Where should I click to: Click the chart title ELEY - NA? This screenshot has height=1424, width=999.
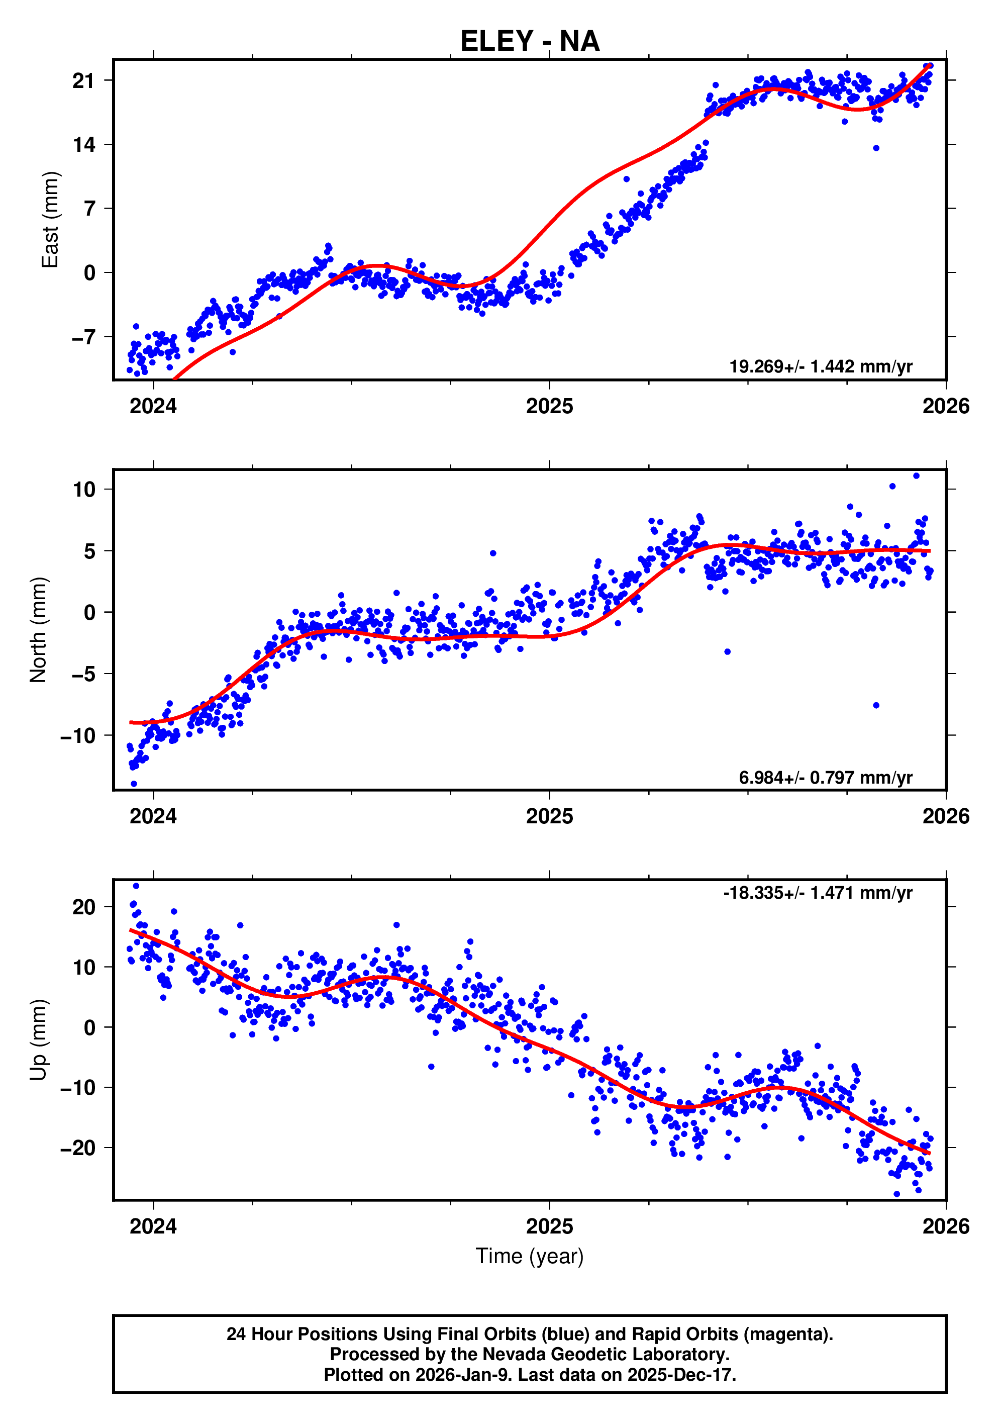pyautogui.click(x=530, y=42)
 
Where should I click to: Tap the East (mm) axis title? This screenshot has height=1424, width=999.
pyautogui.click(x=50, y=220)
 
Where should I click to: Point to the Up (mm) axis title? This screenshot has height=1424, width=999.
pyautogui.click(x=39, y=1040)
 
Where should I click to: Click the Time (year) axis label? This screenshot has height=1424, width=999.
pyautogui.click(x=530, y=1255)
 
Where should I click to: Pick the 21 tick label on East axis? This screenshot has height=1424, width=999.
pyautogui.click(x=83, y=80)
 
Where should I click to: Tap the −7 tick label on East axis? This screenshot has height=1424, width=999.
pyautogui.click(x=83, y=337)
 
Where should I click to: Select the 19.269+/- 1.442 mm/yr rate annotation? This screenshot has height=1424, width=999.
pyautogui.click(x=821, y=366)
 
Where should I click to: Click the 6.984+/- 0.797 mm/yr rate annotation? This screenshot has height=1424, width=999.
pyautogui.click(x=825, y=777)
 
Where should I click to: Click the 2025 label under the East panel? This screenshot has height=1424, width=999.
pyautogui.click(x=549, y=406)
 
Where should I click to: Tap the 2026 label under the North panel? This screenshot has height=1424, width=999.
pyautogui.click(x=946, y=816)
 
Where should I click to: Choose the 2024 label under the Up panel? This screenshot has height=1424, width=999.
pyautogui.click(x=153, y=1226)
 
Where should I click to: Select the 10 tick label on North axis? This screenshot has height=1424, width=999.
pyautogui.click(x=84, y=490)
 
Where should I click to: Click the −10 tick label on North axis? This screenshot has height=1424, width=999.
pyautogui.click(x=78, y=735)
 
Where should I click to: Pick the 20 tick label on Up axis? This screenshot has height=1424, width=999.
pyautogui.click(x=84, y=907)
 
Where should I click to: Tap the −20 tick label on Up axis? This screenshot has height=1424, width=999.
pyautogui.click(x=78, y=1148)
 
